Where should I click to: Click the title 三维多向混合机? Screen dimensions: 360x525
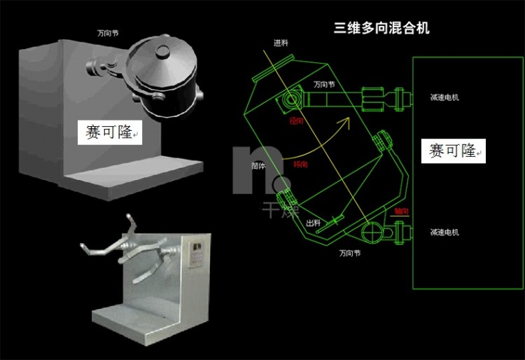click(x=381, y=28)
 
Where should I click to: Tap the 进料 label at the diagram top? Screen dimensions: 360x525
click(x=281, y=43)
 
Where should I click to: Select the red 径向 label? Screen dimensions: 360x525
click(x=297, y=121)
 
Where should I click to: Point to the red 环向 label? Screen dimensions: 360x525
click(x=300, y=165)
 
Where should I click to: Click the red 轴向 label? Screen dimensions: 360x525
click(x=402, y=210)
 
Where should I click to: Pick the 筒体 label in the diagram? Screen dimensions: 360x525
click(x=258, y=167)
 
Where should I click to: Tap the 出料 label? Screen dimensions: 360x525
click(x=313, y=223)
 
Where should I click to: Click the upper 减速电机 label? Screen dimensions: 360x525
click(x=444, y=97)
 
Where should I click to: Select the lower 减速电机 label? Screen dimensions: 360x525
click(x=444, y=232)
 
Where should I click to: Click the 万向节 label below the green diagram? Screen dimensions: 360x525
click(x=350, y=252)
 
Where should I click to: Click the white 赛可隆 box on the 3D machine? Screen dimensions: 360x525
click(x=109, y=132)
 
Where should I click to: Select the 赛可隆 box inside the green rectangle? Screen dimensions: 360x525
click(x=453, y=151)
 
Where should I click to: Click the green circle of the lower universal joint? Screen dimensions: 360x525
click(x=372, y=231)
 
